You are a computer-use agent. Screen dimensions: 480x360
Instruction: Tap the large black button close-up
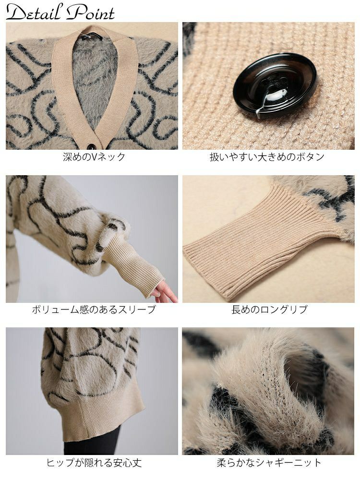(275, 85)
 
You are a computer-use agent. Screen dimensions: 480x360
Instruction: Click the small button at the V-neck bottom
(92, 146)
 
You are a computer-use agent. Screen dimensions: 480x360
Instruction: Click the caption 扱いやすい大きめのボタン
(267, 157)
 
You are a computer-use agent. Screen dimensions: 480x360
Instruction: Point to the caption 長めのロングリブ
(269, 310)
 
